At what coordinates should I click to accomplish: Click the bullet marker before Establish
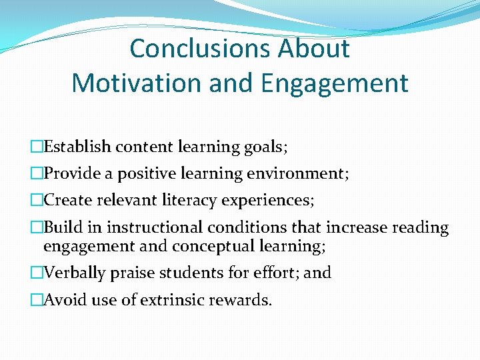pos(36,147)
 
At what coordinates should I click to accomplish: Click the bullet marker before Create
pos(36,201)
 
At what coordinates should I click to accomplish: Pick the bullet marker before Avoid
pos(36,300)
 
